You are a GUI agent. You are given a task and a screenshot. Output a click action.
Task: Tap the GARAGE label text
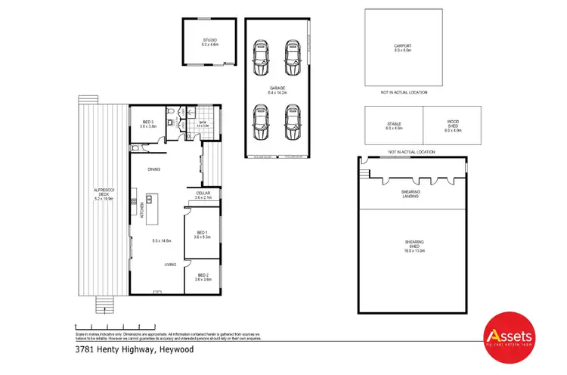click(x=277, y=90)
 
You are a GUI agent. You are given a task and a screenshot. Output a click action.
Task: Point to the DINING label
click(x=153, y=169)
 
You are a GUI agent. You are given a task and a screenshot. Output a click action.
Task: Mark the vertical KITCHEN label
click(x=141, y=211)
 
